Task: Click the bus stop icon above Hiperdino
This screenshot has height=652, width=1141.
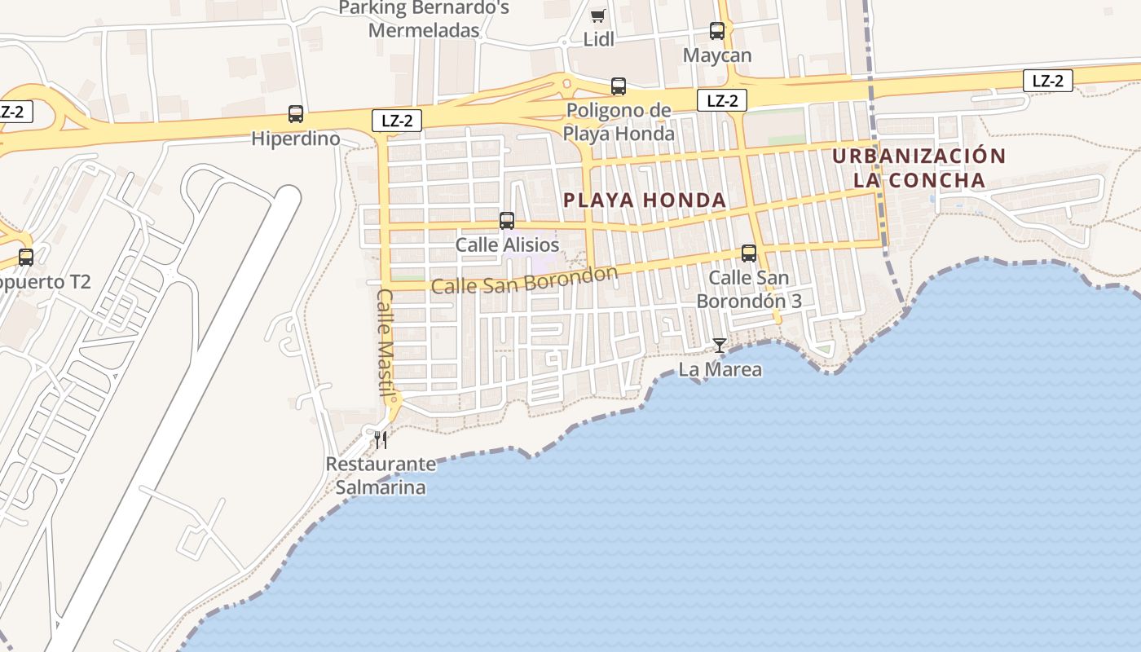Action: (x=296, y=114)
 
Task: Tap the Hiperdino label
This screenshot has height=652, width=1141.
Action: (x=295, y=139)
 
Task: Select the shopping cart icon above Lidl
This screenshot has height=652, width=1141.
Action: (x=598, y=15)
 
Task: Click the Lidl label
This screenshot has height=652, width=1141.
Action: (x=598, y=39)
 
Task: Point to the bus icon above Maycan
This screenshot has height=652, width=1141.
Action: (x=717, y=31)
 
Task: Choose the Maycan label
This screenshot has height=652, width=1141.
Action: (x=717, y=55)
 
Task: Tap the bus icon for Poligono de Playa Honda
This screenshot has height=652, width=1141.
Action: (x=619, y=86)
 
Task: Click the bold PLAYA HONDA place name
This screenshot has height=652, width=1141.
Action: (x=645, y=200)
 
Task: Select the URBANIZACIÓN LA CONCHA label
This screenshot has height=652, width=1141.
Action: (x=919, y=168)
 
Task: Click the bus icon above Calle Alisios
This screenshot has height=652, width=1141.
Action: (x=507, y=220)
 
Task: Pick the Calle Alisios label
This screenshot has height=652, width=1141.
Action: (x=507, y=244)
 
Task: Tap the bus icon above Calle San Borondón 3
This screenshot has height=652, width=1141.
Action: (x=749, y=253)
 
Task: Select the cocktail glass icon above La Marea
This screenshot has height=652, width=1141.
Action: (x=719, y=346)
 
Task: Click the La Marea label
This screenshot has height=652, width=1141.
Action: (x=720, y=369)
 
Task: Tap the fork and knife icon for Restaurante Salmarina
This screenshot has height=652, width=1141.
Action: (x=380, y=440)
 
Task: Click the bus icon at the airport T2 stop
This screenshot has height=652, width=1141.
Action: (x=26, y=258)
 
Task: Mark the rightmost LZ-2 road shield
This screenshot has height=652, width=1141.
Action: (x=1048, y=81)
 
